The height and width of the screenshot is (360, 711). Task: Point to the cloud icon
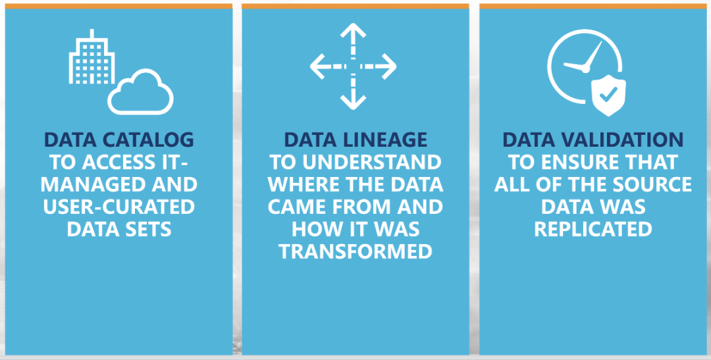click(x=141, y=93)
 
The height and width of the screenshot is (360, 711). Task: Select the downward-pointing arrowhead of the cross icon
click(x=354, y=103)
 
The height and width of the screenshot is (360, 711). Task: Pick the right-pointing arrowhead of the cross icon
click(x=389, y=66)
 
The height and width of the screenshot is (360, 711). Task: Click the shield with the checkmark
click(x=608, y=97)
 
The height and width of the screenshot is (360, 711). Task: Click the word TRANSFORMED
click(x=355, y=251)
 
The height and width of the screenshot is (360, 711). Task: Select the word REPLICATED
click(x=592, y=229)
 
